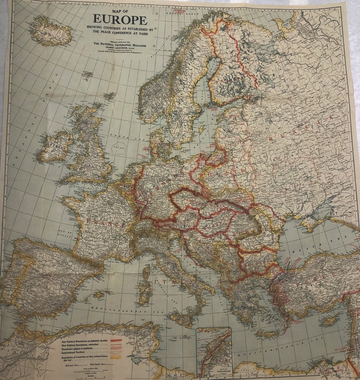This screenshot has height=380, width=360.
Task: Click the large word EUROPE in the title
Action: [x=120, y=19]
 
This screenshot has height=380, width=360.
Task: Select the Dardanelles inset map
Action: [x=214, y=352]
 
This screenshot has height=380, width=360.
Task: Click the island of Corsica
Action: [x=146, y=273]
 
